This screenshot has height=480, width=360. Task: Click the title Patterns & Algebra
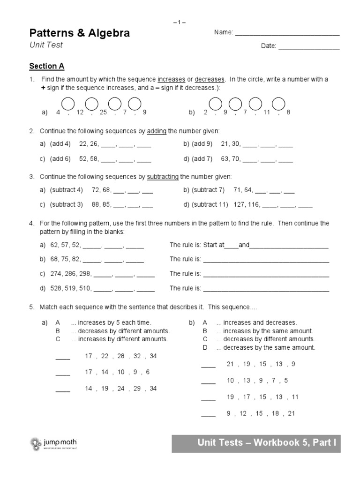tap(80, 33)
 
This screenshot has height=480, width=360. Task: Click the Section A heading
tap(46, 66)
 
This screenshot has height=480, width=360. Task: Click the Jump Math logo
tap(54, 443)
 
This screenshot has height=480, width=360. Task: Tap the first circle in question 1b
tap(215, 103)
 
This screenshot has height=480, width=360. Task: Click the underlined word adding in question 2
tap(157, 131)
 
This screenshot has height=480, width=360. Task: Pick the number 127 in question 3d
tap(238, 204)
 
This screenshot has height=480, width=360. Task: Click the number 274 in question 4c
tap(56, 274)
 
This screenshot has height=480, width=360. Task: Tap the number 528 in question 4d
tap(56, 288)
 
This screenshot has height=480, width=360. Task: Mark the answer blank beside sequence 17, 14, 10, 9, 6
tap(63, 374)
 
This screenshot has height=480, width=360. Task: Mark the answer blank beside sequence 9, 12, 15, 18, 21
tap(208, 415)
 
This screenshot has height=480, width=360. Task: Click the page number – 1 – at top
tap(180, 22)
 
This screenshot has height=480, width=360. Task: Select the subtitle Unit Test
tap(46, 45)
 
